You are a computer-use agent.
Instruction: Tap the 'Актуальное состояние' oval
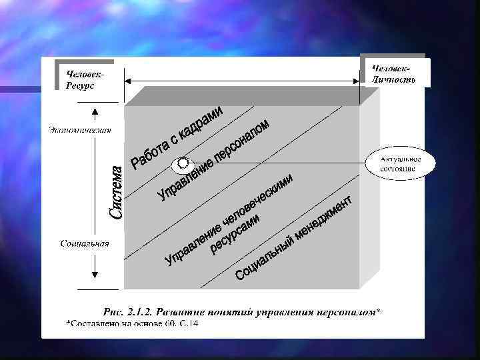[x=398, y=164]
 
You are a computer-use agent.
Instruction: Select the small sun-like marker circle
[x=181, y=164]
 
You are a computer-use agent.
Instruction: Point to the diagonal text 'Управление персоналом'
[x=213, y=159]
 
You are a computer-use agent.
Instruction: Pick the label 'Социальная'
[x=84, y=243]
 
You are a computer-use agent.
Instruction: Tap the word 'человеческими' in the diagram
[x=256, y=202]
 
